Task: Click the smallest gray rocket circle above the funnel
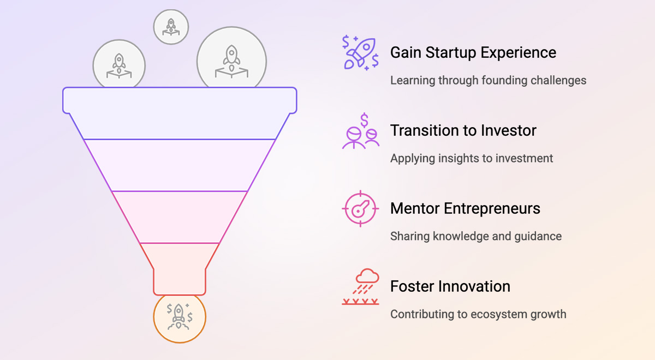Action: (x=171, y=27)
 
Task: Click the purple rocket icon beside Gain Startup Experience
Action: (x=360, y=52)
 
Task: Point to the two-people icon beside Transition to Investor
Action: (x=361, y=131)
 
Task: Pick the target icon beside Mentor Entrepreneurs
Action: (x=360, y=208)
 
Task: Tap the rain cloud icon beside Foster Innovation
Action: (x=361, y=287)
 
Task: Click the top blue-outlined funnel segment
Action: (x=180, y=113)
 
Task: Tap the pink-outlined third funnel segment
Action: (x=180, y=217)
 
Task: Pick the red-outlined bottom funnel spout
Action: (x=180, y=269)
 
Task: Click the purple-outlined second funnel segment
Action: (x=180, y=165)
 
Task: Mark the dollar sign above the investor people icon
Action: (x=364, y=120)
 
